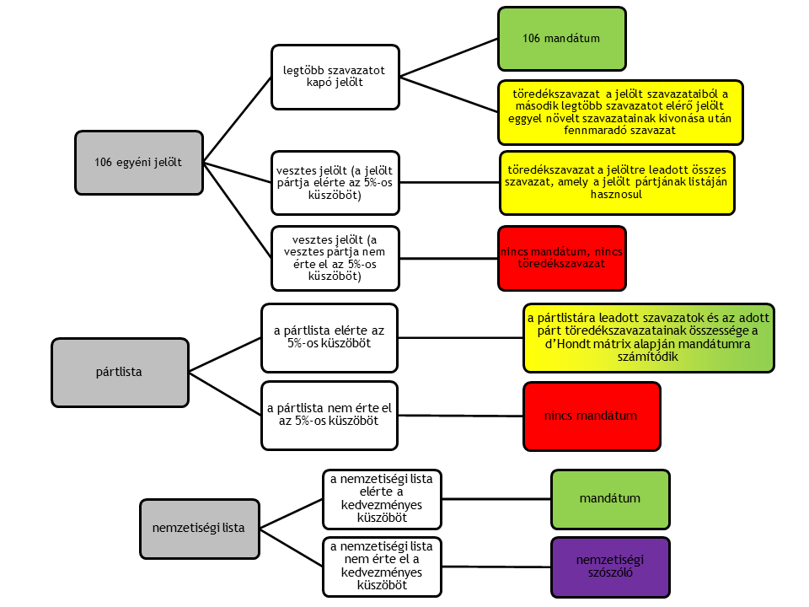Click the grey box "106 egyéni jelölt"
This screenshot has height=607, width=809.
click(139, 161)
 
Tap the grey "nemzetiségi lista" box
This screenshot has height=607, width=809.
click(200, 529)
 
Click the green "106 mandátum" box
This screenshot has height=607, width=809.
click(561, 39)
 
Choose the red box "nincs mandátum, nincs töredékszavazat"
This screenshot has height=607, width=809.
click(561, 256)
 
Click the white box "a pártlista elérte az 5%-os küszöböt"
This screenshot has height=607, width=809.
click(329, 338)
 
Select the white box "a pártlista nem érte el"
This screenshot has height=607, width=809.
click(329, 416)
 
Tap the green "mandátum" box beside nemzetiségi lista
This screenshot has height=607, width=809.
click(610, 498)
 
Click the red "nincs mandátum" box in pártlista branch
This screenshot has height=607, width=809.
click(591, 416)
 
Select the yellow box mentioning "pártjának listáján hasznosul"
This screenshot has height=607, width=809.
click(617, 182)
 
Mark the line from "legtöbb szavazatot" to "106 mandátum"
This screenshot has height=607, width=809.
click(448, 58)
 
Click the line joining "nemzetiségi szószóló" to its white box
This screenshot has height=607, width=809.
click(498, 565)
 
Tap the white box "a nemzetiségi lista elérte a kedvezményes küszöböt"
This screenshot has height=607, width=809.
click(382, 498)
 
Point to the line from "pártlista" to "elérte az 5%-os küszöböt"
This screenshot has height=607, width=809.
click(226, 354)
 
